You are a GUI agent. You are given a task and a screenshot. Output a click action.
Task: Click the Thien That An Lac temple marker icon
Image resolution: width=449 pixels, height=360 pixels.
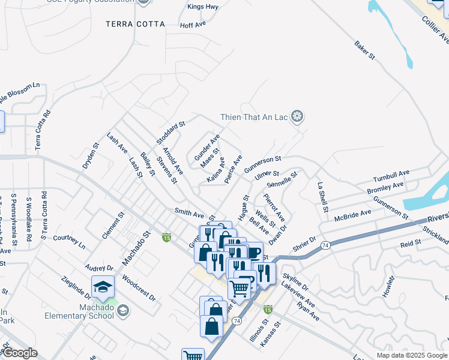[296, 116]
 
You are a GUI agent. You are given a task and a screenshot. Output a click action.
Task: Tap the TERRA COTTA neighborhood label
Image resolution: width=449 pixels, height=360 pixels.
[135, 24]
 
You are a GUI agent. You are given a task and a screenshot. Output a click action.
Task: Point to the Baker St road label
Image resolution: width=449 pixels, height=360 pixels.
[364, 50]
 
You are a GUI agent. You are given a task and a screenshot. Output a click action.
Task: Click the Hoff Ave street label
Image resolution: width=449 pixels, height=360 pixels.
[193, 25]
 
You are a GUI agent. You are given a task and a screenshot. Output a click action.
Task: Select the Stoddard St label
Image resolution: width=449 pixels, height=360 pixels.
[171, 133]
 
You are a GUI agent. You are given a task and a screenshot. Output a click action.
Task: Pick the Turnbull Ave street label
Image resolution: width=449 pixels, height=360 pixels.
[391, 176]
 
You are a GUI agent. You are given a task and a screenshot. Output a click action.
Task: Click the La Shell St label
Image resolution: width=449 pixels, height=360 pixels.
[323, 197]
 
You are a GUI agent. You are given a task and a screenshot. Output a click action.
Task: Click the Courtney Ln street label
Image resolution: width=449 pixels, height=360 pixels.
[69, 241]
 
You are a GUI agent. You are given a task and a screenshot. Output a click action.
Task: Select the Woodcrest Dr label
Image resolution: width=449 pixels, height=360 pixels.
[139, 288]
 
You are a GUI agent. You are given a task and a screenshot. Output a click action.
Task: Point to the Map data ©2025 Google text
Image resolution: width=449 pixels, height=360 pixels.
[412, 355]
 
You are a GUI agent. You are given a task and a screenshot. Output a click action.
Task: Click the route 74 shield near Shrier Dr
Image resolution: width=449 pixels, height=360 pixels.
[325, 245]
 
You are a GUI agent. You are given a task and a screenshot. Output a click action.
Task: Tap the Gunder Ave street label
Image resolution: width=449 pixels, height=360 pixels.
[206, 148]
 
